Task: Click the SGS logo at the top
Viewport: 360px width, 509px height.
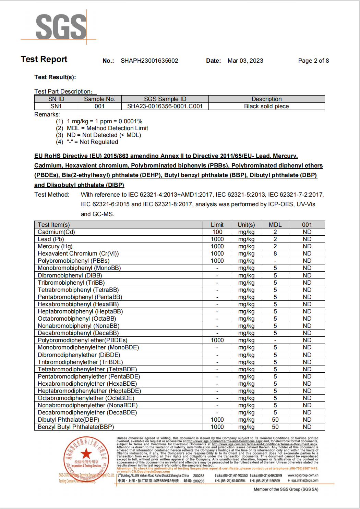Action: click(x=61, y=27)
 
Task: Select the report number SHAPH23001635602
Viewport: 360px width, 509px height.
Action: click(x=149, y=61)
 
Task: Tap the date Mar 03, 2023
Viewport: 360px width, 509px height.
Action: click(x=245, y=61)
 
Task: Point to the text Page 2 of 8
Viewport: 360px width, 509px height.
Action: click(x=313, y=61)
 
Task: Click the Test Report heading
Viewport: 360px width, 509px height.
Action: click(x=44, y=59)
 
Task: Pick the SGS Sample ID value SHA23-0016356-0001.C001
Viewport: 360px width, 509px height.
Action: click(x=165, y=106)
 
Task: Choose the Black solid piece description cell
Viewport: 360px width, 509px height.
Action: click(x=266, y=106)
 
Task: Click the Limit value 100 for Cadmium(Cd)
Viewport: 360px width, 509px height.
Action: click(x=217, y=232)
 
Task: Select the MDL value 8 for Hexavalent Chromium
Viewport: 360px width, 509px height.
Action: click(x=275, y=253)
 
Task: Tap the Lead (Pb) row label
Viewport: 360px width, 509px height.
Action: click(x=51, y=239)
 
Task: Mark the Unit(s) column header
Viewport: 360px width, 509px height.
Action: click(x=246, y=225)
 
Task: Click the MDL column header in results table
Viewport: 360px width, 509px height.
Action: click(x=275, y=225)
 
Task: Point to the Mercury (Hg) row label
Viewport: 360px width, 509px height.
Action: click(x=55, y=246)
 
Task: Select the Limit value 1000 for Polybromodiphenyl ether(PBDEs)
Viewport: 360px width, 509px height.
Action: click(x=217, y=340)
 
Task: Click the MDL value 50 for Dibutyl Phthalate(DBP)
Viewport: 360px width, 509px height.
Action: click(x=275, y=420)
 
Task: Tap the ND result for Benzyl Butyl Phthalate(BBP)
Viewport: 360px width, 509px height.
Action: click(x=307, y=427)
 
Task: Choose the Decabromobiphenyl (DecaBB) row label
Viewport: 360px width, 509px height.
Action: click(x=78, y=333)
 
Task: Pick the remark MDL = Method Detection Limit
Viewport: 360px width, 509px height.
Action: click(x=107, y=128)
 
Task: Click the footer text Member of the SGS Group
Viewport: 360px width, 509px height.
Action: click(x=286, y=489)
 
